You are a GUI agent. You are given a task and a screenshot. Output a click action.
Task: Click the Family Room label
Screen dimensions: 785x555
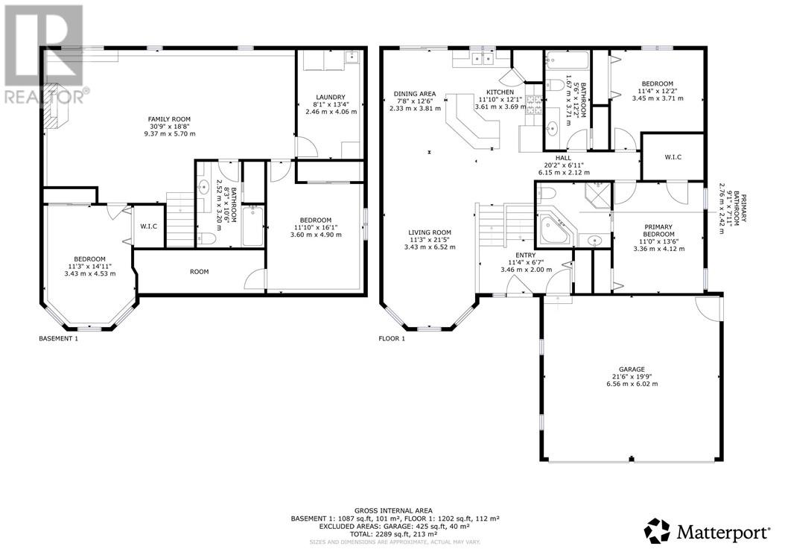[x=169, y=119]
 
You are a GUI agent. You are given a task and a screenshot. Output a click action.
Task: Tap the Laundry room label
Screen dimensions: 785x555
[x=331, y=97]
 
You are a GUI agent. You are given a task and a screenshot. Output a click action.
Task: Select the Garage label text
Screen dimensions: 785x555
[x=632, y=370]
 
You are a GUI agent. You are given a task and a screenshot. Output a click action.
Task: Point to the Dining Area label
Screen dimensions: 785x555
[x=415, y=94]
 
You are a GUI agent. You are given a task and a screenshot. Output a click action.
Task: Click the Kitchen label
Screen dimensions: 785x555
[x=500, y=92]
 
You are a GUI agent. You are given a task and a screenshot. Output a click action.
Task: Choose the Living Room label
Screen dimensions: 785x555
[x=430, y=232]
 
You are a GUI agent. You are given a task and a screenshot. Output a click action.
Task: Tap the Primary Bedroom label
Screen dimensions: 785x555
[x=659, y=230]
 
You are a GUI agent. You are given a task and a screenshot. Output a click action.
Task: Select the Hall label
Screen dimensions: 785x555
[x=563, y=158]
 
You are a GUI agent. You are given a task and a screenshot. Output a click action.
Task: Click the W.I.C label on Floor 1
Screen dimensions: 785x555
[x=673, y=157]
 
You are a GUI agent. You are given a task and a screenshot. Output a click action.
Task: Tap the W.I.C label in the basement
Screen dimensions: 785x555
[x=148, y=226]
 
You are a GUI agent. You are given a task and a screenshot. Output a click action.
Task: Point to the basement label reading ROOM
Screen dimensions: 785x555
[x=200, y=271]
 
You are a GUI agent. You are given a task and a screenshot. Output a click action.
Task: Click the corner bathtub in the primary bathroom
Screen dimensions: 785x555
[x=556, y=230]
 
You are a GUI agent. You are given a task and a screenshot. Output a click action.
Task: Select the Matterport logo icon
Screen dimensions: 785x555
[x=657, y=531]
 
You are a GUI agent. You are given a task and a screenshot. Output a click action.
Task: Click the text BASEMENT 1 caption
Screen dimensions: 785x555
[x=59, y=339]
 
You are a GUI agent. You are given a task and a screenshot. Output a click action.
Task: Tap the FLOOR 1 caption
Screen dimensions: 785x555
[x=392, y=339]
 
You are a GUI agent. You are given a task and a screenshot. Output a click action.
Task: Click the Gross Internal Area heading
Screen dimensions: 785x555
[x=393, y=511]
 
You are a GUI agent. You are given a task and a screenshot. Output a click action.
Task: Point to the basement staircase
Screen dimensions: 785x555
[x=180, y=220]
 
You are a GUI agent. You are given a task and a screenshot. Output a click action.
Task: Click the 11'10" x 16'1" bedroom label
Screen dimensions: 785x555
[x=316, y=227]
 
